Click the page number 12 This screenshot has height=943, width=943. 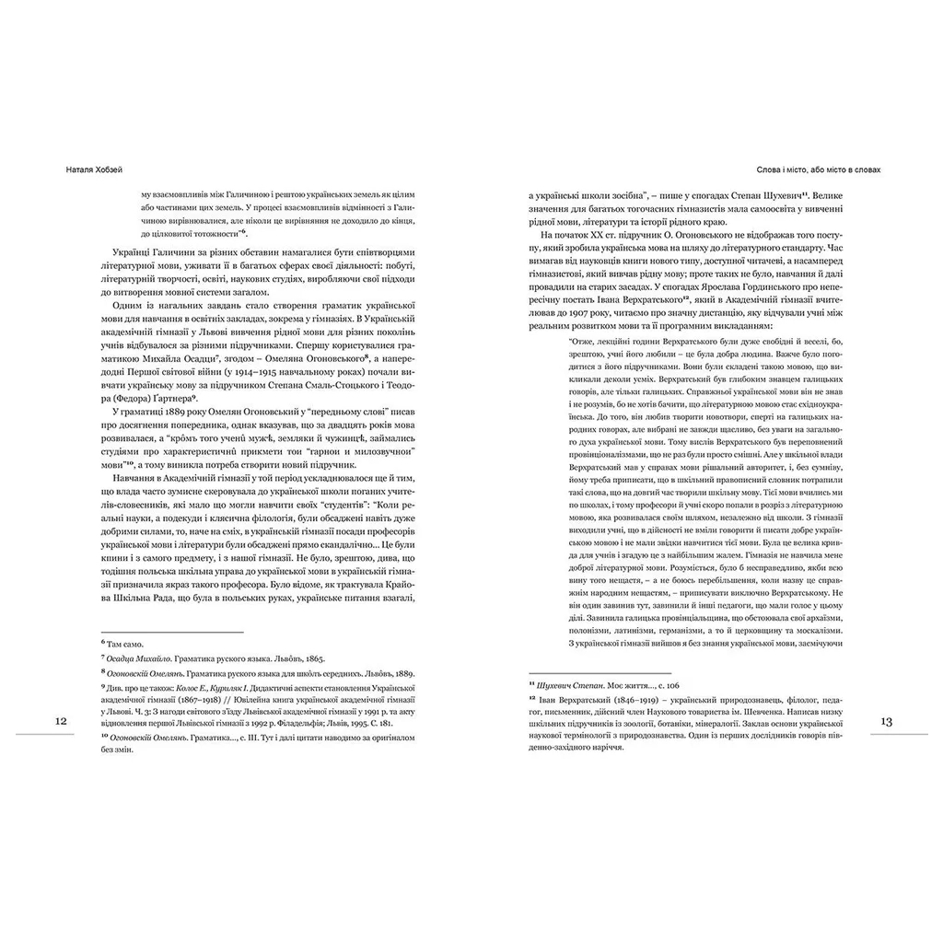click(60, 721)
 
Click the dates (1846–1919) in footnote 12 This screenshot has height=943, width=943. click(636, 702)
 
